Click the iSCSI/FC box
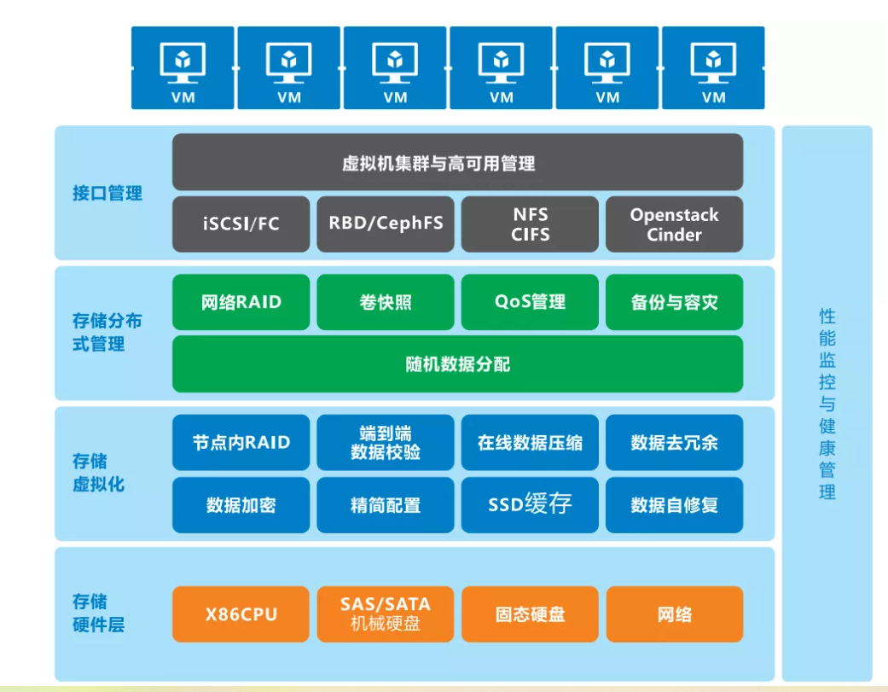[x=241, y=224]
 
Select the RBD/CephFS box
[x=386, y=224]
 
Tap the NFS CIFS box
[x=530, y=224]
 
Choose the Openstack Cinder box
[x=674, y=224]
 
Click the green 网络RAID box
[x=241, y=302]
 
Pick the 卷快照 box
[x=386, y=302]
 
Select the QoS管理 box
[x=530, y=302]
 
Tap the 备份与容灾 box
[x=674, y=302]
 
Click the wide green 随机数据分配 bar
[x=457, y=364]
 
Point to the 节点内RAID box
[x=241, y=443]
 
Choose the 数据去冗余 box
[x=674, y=443]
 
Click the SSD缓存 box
[x=530, y=504]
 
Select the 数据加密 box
[x=241, y=504]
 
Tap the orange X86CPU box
[x=241, y=614]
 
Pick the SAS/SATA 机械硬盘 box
[x=386, y=614]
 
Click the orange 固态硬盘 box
[x=530, y=614]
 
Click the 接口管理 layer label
[x=107, y=193]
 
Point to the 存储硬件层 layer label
[x=99, y=613]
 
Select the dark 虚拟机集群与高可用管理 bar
[x=457, y=162]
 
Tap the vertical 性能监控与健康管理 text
[x=827, y=404]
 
